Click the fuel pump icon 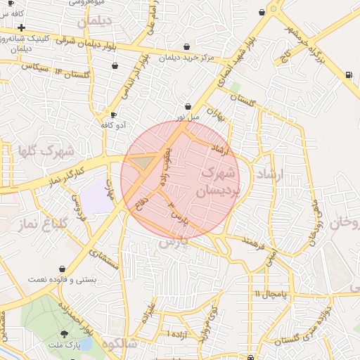349,75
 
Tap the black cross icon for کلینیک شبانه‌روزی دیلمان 22,27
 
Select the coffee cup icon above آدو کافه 113,115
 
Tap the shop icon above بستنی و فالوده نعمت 63,269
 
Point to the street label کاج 286,55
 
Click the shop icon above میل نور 188,105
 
